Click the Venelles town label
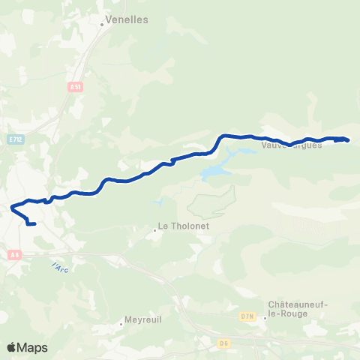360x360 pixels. pyautogui.click(x=127, y=20)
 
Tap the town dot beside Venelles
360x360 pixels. pyautogui.click(x=103, y=23)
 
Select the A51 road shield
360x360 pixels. pyautogui.click(x=74, y=88)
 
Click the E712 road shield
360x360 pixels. pyautogui.click(x=16, y=139)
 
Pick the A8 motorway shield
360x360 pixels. pyautogui.click(x=14, y=255)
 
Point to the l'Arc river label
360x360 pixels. pyautogui.click(x=59, y=267)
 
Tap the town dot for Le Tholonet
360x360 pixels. pyautogui.click(x=155, y=230)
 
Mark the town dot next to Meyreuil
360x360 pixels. pyautogui.click(x=121, y=324)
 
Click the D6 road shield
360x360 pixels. pyautogui.click(x=223, y=343)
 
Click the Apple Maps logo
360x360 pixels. pyautogui.click(x=28, y=346)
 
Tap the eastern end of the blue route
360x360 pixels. pyautogui.click(x=348, y=140)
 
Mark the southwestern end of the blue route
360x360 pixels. pyautogui.click(x=34, y=223)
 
